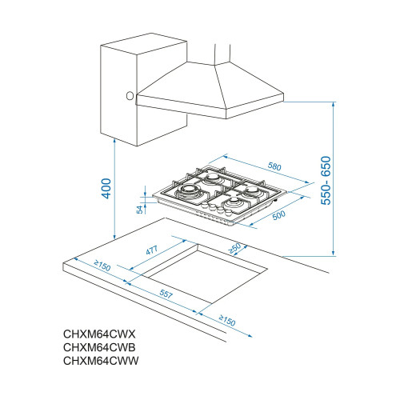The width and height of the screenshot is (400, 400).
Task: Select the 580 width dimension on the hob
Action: [x=274, y=166]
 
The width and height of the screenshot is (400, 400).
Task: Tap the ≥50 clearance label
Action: [x=235, y=249]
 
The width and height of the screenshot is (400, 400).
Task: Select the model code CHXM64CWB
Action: [x=100, y=348]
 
